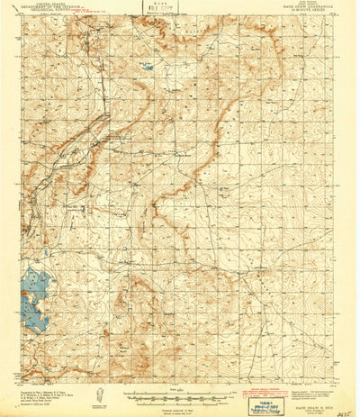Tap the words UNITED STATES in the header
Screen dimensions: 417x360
52,5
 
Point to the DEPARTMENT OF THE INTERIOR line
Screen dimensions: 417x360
52,8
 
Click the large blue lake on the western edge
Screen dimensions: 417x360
33,300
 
